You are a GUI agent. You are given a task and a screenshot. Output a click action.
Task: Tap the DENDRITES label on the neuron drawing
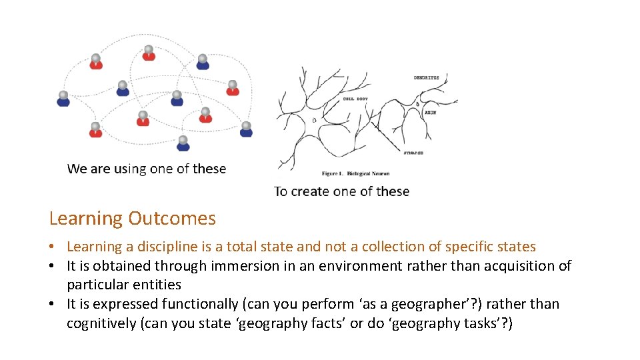(427, 78)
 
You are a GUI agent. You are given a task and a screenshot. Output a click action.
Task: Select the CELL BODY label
(355, 99)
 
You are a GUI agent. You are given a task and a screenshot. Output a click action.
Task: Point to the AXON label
(431, 113)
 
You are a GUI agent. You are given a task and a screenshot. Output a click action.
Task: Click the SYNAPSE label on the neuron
(413, 153)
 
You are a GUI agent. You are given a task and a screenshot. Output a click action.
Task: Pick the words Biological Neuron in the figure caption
(367, 173)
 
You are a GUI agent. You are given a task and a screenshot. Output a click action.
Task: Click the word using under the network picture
(130, 169)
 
